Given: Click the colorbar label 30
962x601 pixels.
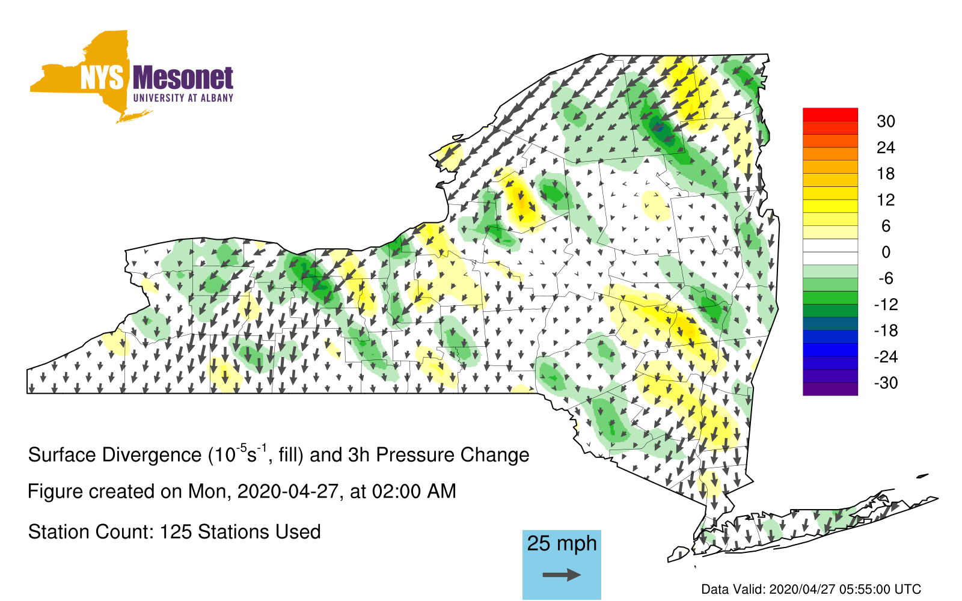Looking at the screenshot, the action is (x=886, y=121).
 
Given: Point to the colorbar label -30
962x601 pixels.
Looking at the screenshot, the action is (x=886, y=382).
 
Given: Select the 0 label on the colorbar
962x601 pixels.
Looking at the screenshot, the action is (x=886, y=252).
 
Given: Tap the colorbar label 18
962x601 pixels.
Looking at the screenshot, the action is (x=886, y=174).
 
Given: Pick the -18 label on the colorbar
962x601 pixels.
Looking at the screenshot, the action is (x=886, y=331).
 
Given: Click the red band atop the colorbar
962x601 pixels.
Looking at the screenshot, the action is (x=830, y=115).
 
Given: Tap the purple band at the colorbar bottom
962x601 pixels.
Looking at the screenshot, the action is (x=830, y=389).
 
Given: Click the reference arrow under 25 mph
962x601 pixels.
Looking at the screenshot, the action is (x=562, y=575).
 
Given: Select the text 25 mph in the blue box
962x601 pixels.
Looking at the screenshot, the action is (x=562, y=544).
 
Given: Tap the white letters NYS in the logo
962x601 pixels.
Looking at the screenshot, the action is (x=102, y=78).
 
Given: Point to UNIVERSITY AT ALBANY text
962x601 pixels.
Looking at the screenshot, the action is (x=183, y=98).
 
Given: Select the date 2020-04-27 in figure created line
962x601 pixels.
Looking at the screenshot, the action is (x=288, y=492).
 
